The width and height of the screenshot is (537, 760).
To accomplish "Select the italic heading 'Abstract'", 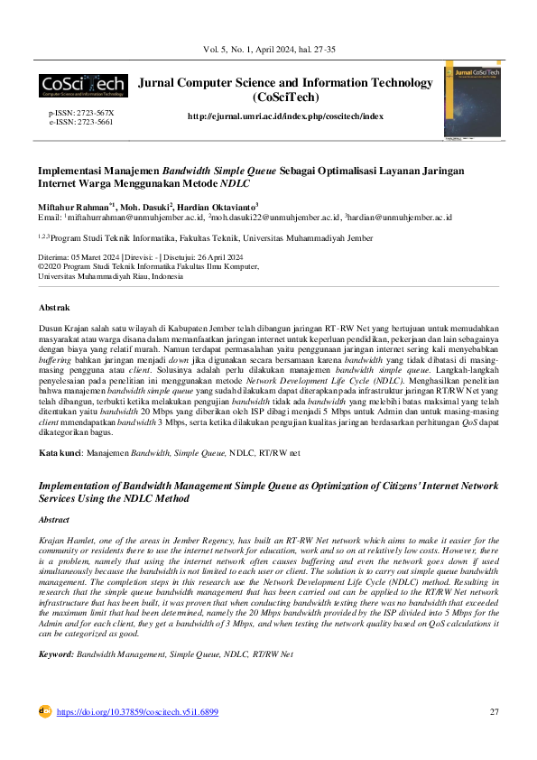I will [53, 520].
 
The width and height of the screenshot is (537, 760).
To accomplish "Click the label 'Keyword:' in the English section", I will [56, 653].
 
